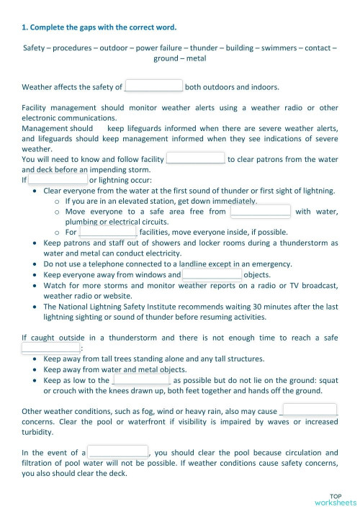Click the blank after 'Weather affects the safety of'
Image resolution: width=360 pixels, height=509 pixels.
153,86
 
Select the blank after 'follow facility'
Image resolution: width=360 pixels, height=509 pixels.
195,158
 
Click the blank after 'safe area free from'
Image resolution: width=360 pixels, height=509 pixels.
260,211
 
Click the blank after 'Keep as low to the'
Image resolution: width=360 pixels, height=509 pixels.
141,379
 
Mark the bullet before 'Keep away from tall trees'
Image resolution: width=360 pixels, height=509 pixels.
36,358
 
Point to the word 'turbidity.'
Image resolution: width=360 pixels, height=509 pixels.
41,432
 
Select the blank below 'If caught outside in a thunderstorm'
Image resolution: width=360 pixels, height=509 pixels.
50,348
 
